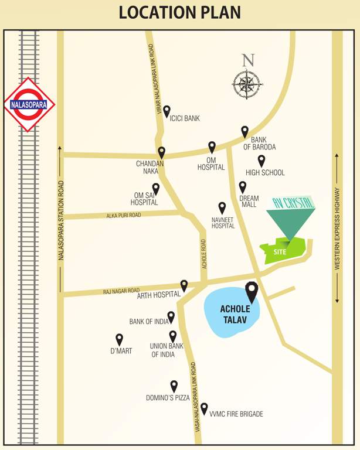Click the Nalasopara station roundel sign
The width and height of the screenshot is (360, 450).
[29, 105]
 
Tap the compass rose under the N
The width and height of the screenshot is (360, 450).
[247, 84]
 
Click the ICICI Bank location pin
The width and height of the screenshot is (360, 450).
[167, 111]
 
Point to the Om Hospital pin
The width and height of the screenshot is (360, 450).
[212, 147]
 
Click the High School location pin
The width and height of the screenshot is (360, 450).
[261, 161]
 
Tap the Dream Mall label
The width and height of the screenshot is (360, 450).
[249, 202]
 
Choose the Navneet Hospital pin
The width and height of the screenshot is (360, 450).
[222, 208]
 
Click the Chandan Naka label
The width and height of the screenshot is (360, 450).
[150, 168]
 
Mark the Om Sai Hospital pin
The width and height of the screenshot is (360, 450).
[155, 189]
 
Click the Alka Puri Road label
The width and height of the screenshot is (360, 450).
[124, 216]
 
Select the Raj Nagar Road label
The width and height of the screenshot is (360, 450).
[121, 290]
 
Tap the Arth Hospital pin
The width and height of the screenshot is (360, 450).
[184, 285]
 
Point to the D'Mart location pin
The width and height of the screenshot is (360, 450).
[120, 339]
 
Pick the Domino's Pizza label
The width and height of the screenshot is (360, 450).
[168, 398]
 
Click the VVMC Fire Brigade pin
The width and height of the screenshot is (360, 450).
[204, 408]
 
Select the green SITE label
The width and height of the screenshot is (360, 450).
[279, 251]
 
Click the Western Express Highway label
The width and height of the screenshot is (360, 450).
[337, 229]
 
